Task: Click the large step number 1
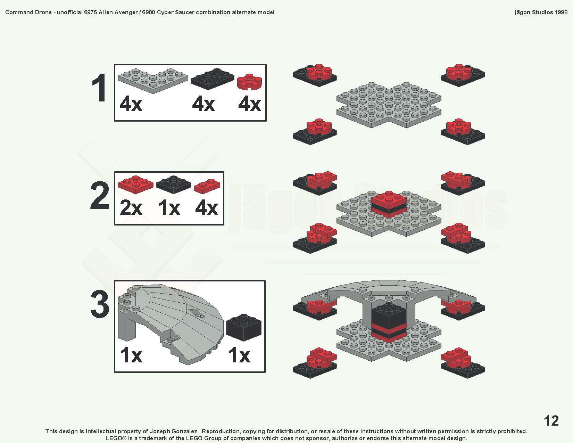100,89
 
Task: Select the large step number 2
100,197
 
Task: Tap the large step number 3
100,304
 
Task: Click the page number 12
551,421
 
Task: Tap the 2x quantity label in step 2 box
131,208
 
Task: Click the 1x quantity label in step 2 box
169,208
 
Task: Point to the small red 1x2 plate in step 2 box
207,186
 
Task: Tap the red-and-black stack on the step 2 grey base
389,204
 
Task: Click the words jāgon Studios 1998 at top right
541,12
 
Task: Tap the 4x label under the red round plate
249,104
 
